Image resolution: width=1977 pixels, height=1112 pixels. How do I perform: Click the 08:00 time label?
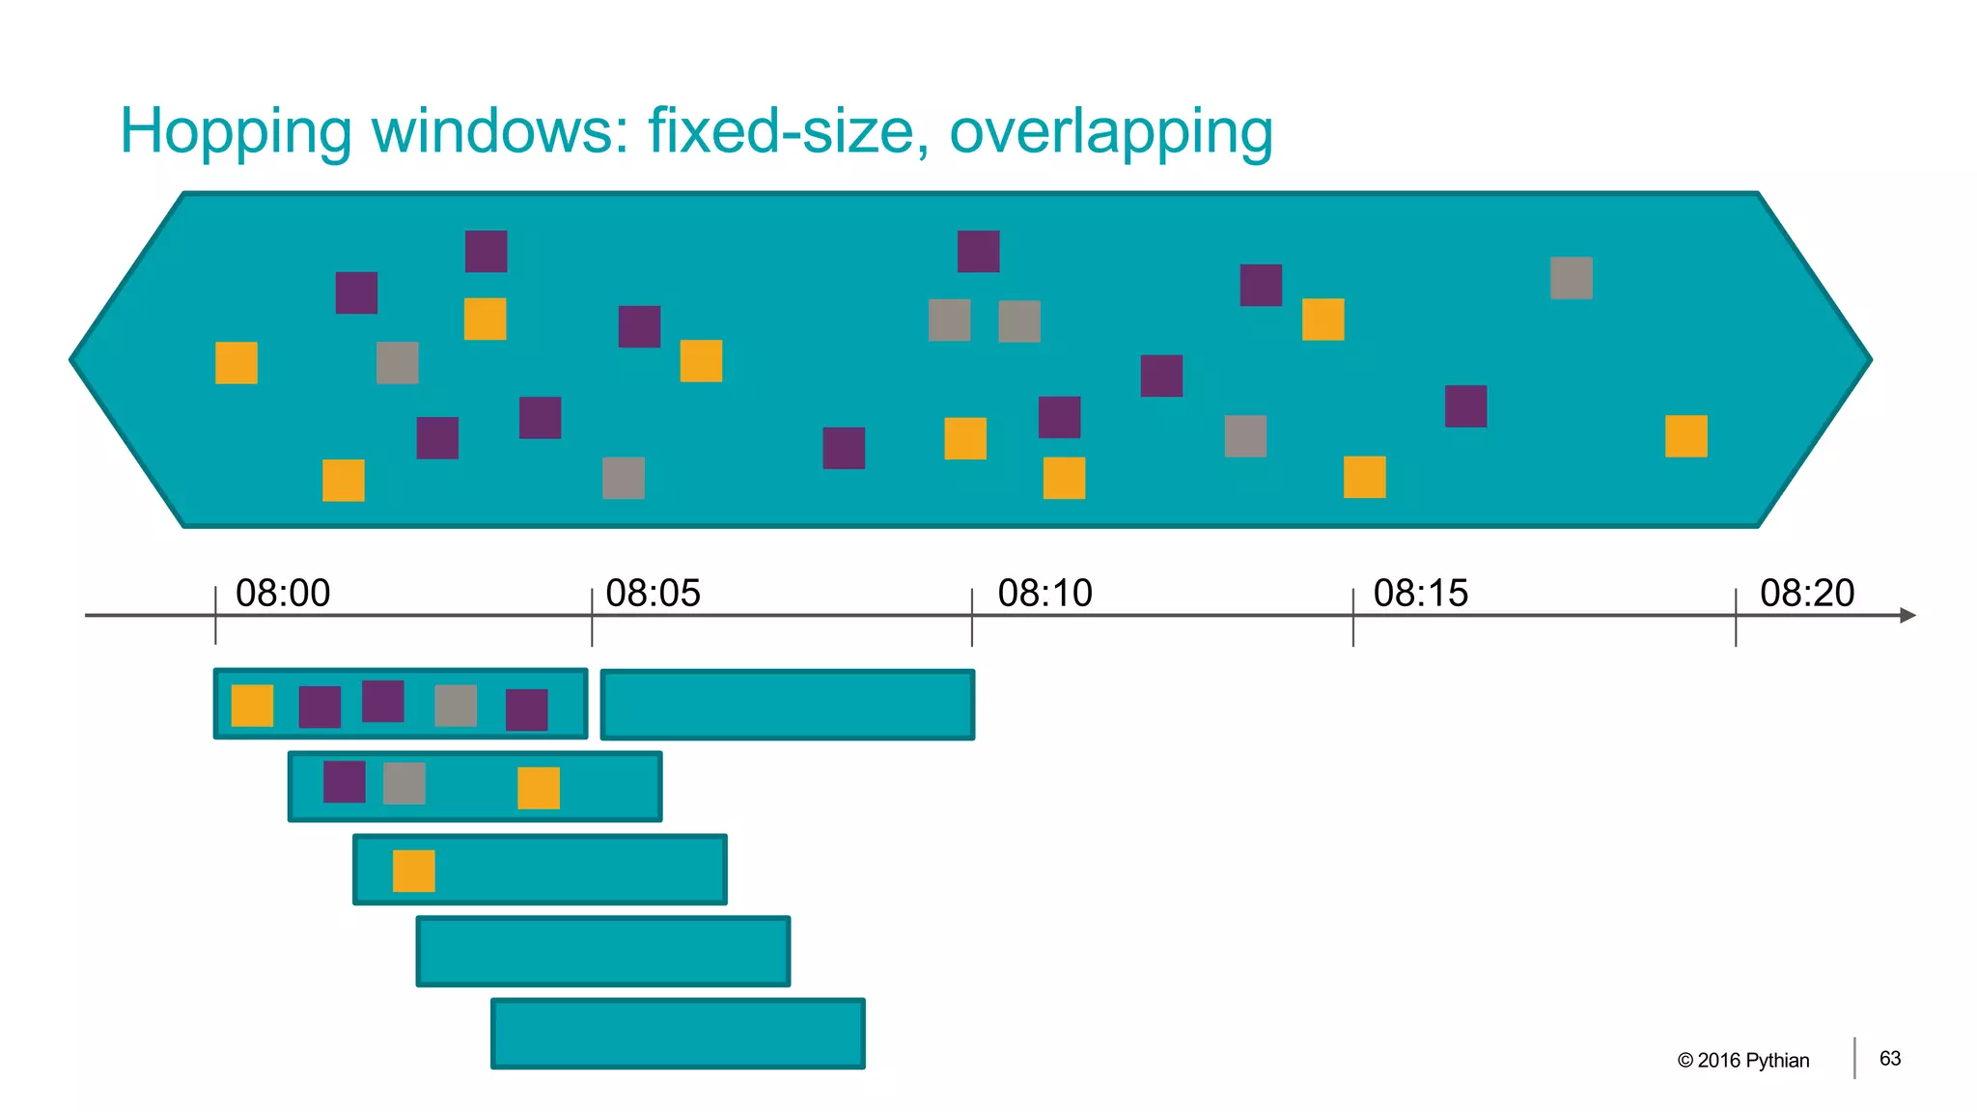tap(283, 593)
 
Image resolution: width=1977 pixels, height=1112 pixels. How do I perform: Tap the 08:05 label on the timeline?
tap(653, 593)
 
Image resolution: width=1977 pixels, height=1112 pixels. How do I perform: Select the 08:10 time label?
tap(1044, 593)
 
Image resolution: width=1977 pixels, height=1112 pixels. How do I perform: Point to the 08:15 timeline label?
tap(1420, 593)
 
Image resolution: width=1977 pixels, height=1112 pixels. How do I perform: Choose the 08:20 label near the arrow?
tap(1806, 593)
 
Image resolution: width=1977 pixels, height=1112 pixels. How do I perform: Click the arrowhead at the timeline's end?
tap(1907, 615)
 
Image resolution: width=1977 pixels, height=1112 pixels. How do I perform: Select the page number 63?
tap(1889, 1058)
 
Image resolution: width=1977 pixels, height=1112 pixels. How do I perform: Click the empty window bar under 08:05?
tap(787, 705)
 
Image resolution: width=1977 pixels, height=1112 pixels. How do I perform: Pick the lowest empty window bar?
tap(678, 1033)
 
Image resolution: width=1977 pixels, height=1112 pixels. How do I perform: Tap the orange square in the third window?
tap(413, 871)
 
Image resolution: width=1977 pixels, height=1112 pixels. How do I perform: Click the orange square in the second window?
tap(538, 788)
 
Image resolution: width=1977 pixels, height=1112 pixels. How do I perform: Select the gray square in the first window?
tap(456, 706)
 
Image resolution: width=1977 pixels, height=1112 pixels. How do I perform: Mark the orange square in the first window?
tap(252, 706)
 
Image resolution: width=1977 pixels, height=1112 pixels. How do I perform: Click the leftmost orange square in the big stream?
tap(236, 363)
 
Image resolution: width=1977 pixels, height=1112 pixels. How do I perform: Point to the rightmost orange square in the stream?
tap(1685, 435)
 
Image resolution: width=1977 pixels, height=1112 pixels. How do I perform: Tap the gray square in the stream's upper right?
tap(1571, 278)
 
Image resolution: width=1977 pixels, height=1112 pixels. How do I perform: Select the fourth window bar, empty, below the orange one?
tap(603, 951)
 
